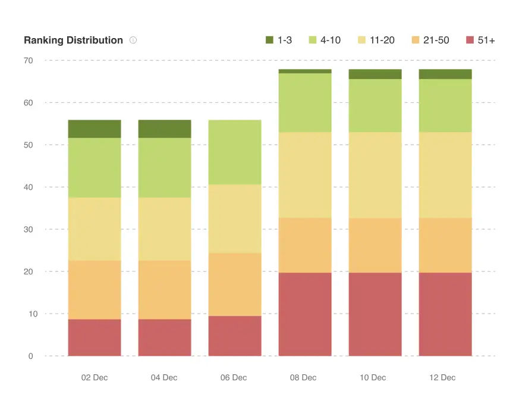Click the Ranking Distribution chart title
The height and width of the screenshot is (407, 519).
(73, 40)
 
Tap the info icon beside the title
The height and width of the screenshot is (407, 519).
(133, 40)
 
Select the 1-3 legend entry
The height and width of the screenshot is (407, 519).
(278, 40)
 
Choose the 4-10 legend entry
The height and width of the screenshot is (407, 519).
(324, 40)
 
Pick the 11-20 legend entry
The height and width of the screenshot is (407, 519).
(375, 40)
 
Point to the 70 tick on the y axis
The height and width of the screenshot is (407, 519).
(29, 61)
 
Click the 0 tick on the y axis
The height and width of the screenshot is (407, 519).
(31, 356)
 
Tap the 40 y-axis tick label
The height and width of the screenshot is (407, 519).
(29, 187)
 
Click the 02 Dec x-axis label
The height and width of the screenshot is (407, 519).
(95, 378)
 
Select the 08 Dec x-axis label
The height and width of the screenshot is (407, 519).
(304, 378)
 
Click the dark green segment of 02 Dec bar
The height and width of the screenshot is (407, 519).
(95, 129)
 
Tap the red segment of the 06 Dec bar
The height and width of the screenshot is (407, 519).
(235, 336)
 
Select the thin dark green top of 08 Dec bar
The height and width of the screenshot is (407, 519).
(304, 71)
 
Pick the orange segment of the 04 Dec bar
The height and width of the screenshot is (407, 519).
(165, 290)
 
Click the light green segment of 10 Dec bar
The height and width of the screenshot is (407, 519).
(375, 105)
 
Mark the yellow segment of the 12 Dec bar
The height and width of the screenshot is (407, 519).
(445, 175)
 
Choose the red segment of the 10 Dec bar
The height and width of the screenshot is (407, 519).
(375, 314)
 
